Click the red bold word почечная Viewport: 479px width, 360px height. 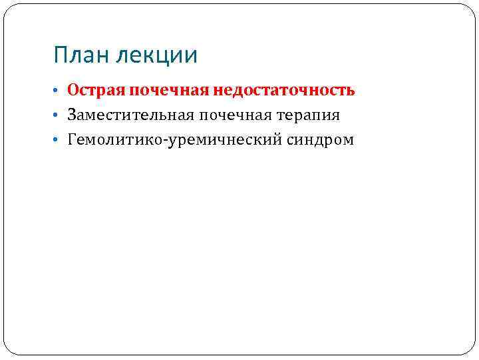169,90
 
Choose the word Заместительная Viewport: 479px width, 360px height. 129,115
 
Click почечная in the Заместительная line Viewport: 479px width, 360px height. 229,115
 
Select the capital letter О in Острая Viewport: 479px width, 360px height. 73,90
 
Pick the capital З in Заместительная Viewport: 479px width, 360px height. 71,115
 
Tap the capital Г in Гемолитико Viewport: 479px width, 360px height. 71,140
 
